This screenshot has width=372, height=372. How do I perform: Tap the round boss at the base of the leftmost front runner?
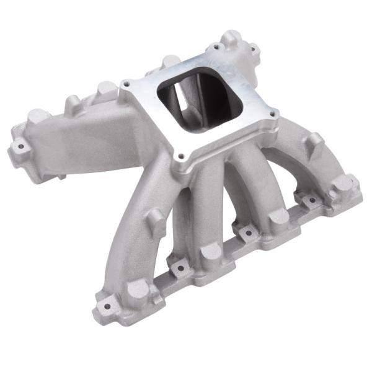coord(138,290)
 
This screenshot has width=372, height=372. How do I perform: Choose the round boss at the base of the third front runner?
coord(280,216)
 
